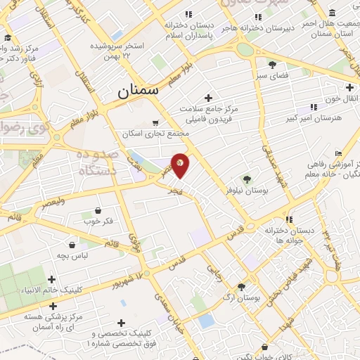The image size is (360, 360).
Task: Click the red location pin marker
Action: (180, 165)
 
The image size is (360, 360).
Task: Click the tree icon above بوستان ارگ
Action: (241, 287)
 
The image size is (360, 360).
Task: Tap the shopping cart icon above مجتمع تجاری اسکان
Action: (155, 122)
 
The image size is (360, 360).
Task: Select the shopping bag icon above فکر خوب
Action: (97, 211)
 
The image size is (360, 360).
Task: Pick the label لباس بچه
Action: (73, 257)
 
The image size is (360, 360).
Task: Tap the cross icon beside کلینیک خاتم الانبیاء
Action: (52, 279)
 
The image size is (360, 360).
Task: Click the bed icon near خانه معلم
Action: (339, 154)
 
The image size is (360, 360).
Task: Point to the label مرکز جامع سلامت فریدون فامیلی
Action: (209, 115)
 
